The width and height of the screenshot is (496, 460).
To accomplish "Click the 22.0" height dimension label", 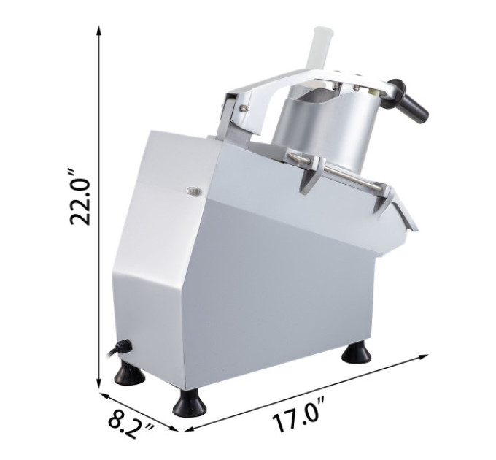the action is click(81, 197).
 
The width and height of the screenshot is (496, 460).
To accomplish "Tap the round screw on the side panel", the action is click(193, 191).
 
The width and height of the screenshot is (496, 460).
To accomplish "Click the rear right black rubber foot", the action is click(357, 353).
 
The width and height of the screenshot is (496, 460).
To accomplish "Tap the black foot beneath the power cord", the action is click(130, 374).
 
